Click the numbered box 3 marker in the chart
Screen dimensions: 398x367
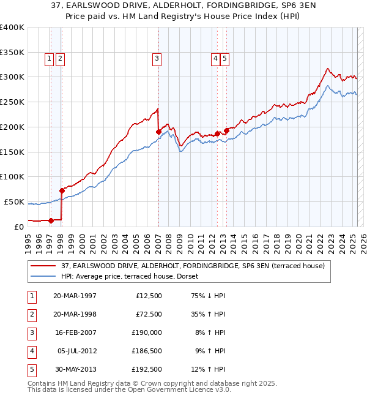(x=157, y=59)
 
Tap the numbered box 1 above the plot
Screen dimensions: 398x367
(x=48, y=59)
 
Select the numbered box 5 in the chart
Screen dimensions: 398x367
(x=225, y=59)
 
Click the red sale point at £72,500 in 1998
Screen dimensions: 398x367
(x=62, y=190)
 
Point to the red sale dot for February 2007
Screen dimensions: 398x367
(x=158, y=131)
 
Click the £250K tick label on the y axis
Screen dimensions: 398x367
(x=12, y=102)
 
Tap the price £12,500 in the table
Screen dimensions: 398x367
(x=148, y=296)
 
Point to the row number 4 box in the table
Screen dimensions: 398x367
(x=31, y=351)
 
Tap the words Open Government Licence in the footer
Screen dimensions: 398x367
(x=173, y=389)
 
